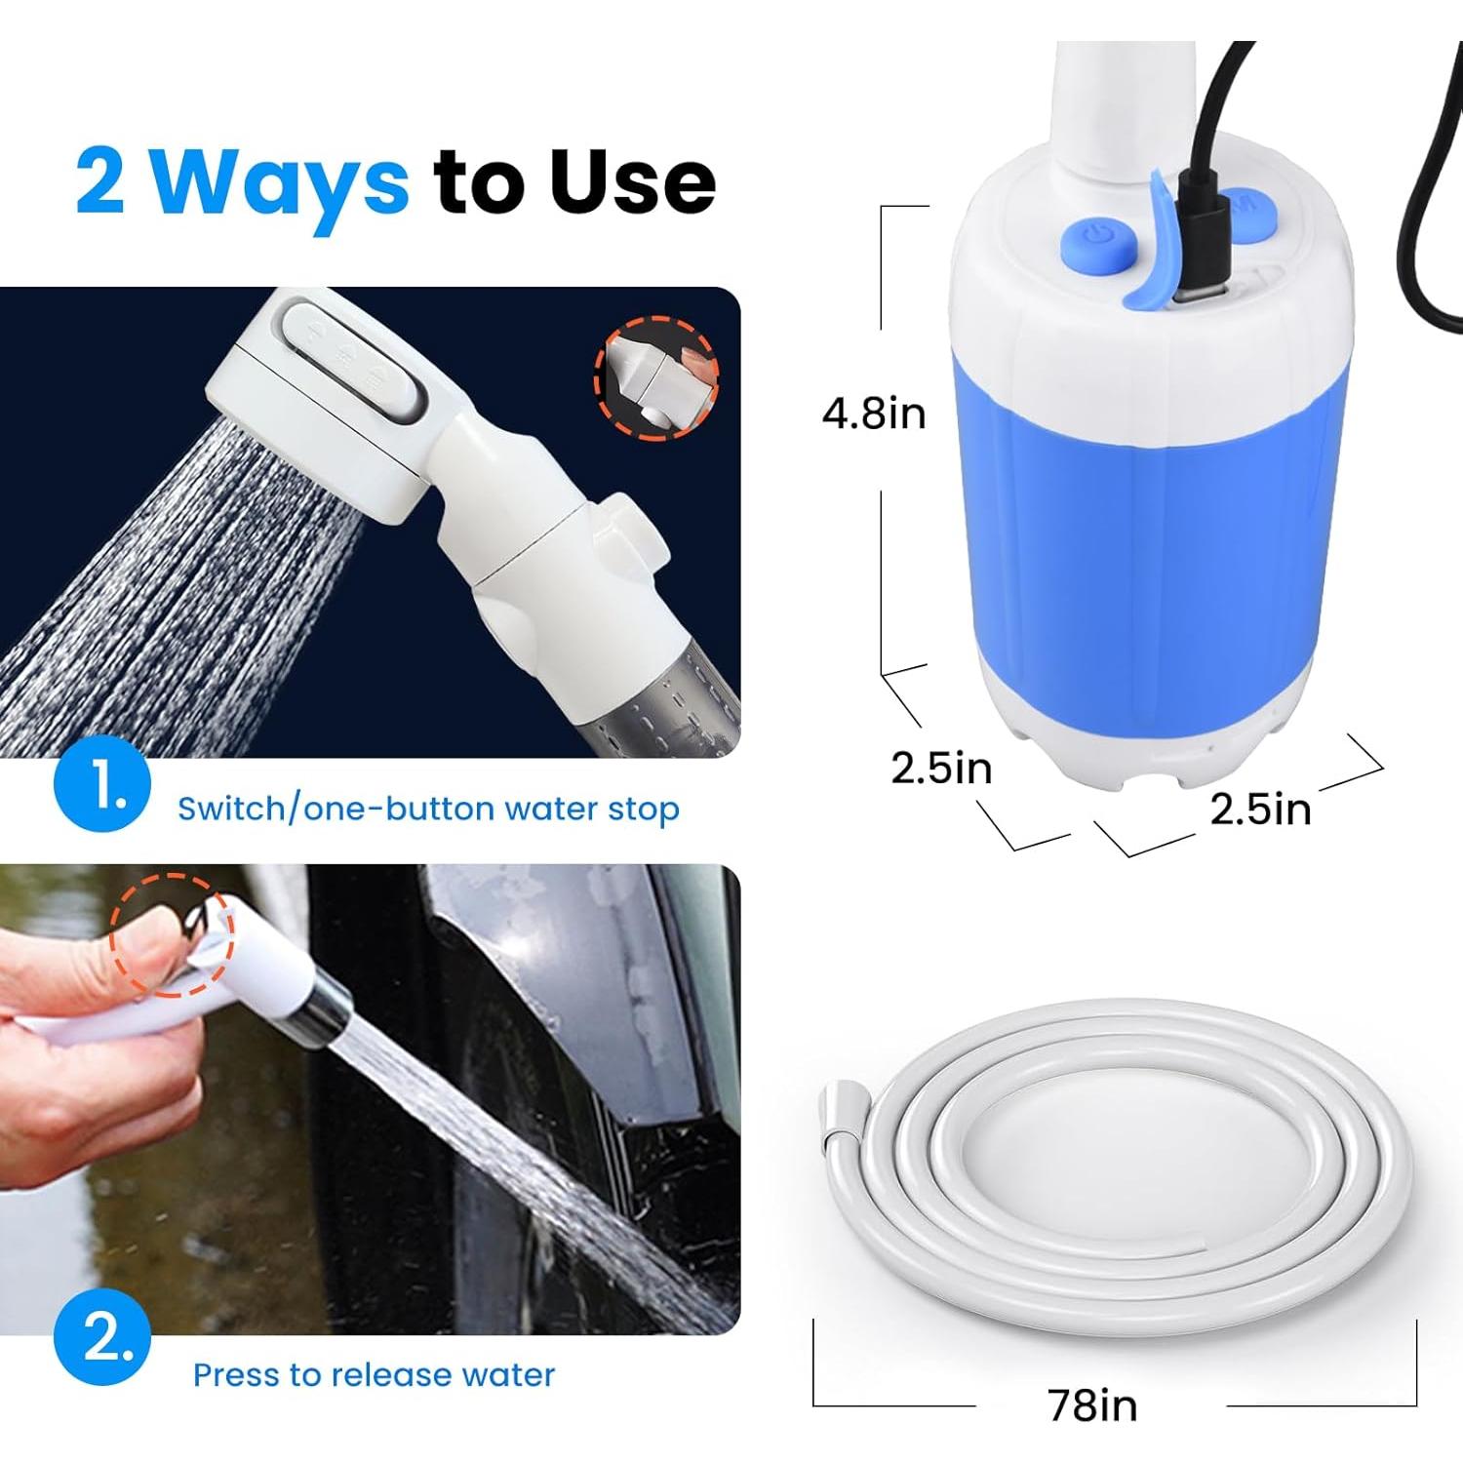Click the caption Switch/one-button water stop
click(x=428, y=809)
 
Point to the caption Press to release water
click(x=374, y=1374)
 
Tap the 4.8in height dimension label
click(x=873, y=414)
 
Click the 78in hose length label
click(x=1092, y=1405)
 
